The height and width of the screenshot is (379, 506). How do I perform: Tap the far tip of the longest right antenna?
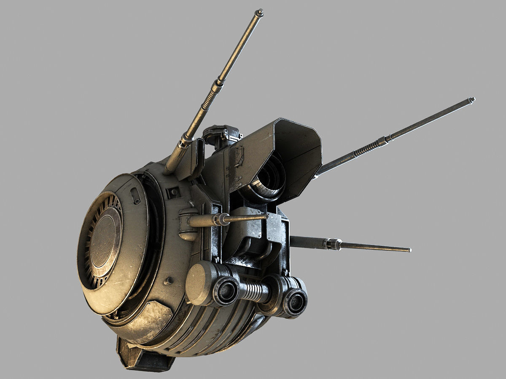[472, 100]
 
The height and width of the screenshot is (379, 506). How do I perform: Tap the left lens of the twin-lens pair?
[226, 291]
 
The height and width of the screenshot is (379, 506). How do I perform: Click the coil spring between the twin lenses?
[253, 291]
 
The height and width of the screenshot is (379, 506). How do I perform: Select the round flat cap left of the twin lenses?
[198, 283]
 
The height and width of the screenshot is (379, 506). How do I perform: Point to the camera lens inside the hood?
[270, 179]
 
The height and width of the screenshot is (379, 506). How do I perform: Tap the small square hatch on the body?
[173, 193]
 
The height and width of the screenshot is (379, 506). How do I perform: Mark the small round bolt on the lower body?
[169, 280]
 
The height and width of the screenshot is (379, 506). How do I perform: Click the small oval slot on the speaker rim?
[136, 196]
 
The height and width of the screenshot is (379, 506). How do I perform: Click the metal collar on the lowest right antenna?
[333, 244]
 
